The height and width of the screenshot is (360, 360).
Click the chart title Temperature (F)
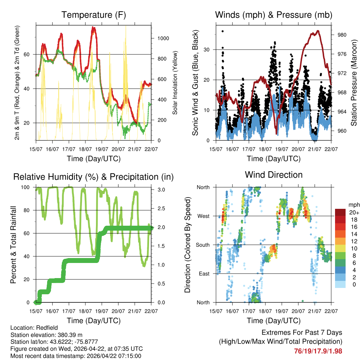coord(94,15)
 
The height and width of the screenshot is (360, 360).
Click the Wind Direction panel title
coord(274,175)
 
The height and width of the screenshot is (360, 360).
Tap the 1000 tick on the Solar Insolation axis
coord(159,38)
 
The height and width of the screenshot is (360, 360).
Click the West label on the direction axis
coord(203,216)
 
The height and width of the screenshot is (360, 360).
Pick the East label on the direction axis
coord(203,274)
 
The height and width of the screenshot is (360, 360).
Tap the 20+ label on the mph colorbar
coord(353,212)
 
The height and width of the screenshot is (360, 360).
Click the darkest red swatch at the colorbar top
coord(340,212)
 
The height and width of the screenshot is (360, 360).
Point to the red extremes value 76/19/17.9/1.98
coord(318,351)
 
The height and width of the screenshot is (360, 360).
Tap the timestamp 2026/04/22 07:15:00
coord(108,356)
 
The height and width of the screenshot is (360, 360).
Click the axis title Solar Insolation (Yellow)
coord(175,83)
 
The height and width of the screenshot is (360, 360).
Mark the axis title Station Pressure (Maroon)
coord(354,83)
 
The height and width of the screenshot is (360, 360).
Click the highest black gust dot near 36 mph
coord(223,31)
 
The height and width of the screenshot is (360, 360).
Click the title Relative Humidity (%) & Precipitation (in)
coord(94,177)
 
